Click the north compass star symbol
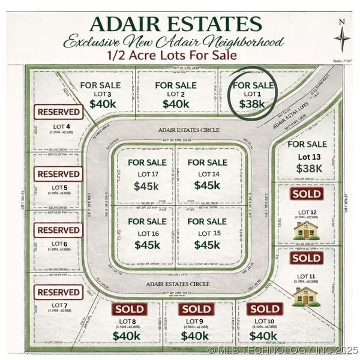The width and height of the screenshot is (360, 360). pyautogui.click(x=342, y=38)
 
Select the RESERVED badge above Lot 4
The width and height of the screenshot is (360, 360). pyautogui.click(x=58, y=112)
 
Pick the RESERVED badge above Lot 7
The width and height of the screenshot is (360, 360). pyautogui.click(x=58, y=292)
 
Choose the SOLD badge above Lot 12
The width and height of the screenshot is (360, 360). pyautogui.click(x=307, y=194)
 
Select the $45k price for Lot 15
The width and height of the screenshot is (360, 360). pyautogui.click(x=207, y=245)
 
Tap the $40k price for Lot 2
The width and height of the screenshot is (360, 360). pyautogui.click(x=176, y=104)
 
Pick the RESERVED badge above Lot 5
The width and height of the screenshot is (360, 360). pyautogui.click(x=58, y=174)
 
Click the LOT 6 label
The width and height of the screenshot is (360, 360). pyautogui.click(x=59, y=244)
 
